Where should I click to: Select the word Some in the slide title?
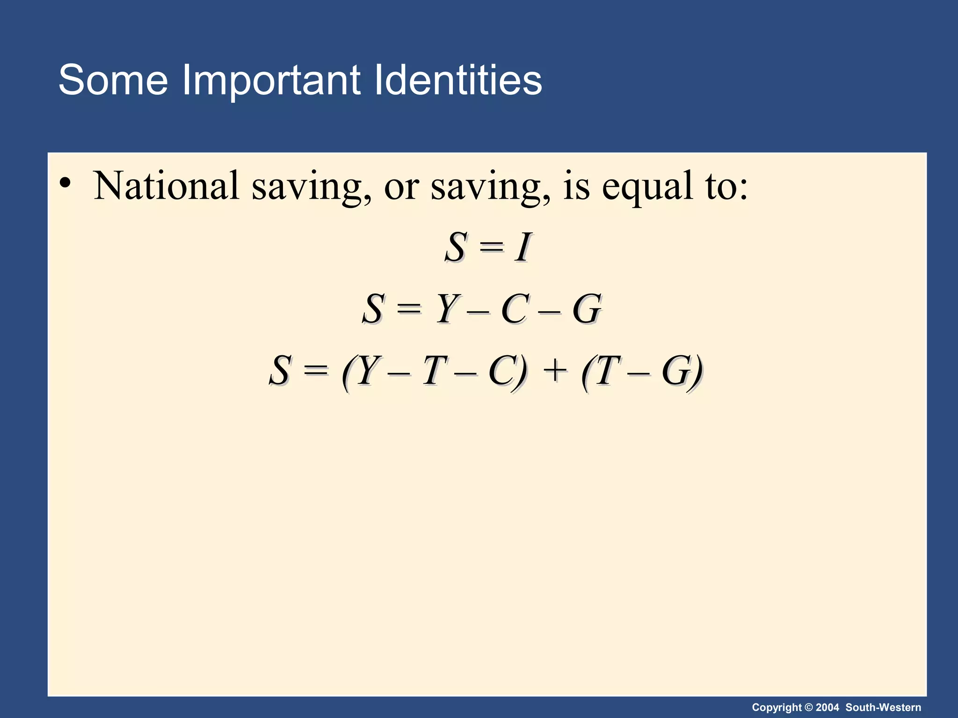[113, 80]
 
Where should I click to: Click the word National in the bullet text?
[167, 186]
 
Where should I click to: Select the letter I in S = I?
[523, 247]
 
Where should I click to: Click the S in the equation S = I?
[456, 247]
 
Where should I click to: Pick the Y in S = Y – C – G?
[448, 309]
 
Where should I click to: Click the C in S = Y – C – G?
[515, 309]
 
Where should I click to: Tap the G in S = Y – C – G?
[587, 309]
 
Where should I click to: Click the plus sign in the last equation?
[555, 371]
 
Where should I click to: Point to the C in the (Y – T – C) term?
[502, 371]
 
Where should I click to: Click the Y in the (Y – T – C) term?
[368, 371]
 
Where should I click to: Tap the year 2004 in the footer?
[827, 707]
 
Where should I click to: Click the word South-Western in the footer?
[883, 707]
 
